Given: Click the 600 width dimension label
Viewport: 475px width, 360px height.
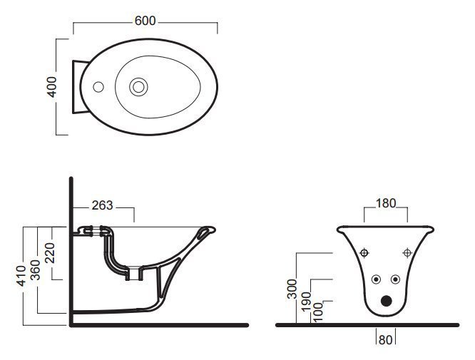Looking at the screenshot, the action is [x=145, y=21].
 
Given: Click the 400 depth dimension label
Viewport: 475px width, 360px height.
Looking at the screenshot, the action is [x=52, y=87].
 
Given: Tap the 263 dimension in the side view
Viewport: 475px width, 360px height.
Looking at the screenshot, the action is [x=103, y=205].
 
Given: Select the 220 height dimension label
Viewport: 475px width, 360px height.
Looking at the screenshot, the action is [x=48, y=253].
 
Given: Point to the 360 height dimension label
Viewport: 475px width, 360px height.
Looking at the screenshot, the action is [x=35, y=269].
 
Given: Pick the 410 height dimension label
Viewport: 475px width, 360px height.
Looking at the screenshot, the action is [x=21, y=276].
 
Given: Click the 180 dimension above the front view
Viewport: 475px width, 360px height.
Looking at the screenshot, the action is [x=386, y=203].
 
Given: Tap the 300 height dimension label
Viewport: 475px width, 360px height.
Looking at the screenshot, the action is [x=292, y=289].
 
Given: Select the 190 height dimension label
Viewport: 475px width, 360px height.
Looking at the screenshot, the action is [x=306, y=301].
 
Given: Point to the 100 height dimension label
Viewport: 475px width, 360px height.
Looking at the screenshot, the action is [x=318, y=312].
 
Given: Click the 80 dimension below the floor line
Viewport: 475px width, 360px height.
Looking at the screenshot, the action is [x=385, y=340].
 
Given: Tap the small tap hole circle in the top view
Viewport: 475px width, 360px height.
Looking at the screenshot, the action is [x=98, y=87].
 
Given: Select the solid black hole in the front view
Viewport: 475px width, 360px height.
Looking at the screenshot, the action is [x=387, y=301].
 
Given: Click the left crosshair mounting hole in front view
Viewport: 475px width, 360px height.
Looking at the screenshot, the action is [x=364, y=252].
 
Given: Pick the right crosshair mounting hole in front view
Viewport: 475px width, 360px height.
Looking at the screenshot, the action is [x=407, y=252].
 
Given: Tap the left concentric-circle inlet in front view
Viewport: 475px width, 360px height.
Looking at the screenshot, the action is [x=376, y=279].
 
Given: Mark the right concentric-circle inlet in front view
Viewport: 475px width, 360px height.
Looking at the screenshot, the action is [x=395, y=279].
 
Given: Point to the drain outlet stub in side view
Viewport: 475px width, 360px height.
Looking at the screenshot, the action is [x=134, y=274].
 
